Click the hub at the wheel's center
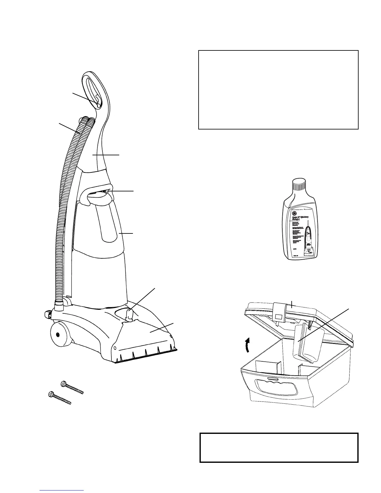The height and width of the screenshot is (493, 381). [58, 335]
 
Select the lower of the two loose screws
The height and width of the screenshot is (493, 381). [60, 398]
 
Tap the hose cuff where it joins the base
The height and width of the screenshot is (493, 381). [59, 304]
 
